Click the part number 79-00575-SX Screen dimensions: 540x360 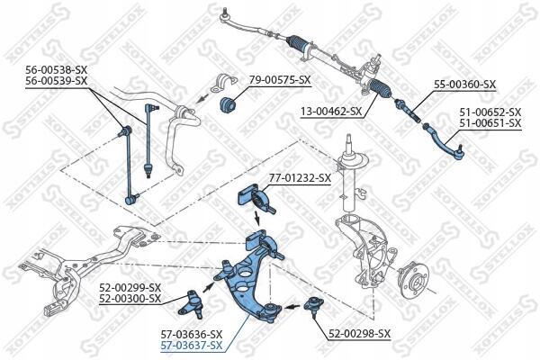click(x=280, y=80)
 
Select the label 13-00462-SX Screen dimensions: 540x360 click(x=331, y=112)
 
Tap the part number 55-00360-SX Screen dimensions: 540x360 click(x=464, y=85)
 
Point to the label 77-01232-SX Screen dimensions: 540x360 click(x=300, y=178)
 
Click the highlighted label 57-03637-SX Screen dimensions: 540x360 click(x=192, y=346)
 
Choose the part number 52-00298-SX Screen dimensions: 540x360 click(x=359, y=334)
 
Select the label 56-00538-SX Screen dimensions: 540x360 click(x=57, y=70)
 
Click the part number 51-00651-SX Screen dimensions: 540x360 click(x=490, y=123)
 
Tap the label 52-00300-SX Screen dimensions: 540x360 click(x=130, y=298)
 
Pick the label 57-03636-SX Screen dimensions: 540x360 click(x=192, y=335)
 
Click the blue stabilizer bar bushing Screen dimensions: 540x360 click(x=227, y=103)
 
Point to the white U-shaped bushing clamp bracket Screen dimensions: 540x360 click(x=223, y=84)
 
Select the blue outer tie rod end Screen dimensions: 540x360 click(x=445, y=142)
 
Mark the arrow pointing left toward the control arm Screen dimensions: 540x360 click(x=292, y=306)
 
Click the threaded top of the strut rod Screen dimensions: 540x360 click(x=349, y=138)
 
